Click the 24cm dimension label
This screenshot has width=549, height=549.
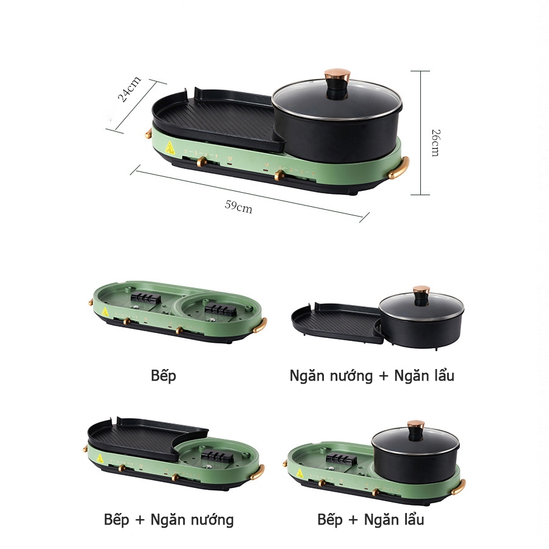(129, 89)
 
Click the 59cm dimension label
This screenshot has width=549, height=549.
(239, 206)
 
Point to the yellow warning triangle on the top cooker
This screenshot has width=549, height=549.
(170, 148)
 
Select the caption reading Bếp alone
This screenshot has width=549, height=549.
(163, 375)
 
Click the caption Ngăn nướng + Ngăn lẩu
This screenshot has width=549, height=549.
(371, 375)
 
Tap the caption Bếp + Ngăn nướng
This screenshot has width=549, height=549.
(168, 520)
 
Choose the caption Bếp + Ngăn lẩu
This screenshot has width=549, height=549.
(370, 520)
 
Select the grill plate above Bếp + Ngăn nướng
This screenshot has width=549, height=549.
(137, 436)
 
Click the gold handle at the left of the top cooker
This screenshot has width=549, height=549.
(148, 131)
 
